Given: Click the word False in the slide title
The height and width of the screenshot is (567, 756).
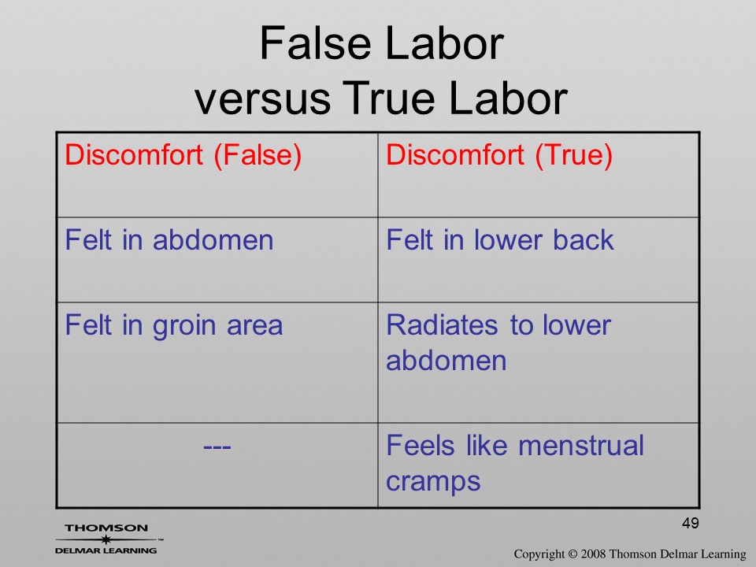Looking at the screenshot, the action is (x=317, y=43).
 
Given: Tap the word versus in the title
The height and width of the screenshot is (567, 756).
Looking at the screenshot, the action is (x=263, y=98).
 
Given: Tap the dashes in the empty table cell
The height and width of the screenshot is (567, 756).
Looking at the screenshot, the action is (x=217, y=447).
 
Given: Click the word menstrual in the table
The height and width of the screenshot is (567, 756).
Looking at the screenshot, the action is (x=581, y=445).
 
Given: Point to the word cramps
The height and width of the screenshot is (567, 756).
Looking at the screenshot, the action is (x=433, y=482).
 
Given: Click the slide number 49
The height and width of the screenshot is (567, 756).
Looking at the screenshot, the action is (x=691, y=523).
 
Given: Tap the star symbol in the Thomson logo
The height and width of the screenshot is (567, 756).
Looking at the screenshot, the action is (x=106, y=539).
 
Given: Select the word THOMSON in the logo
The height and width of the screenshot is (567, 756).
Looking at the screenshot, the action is (x=106, y=528).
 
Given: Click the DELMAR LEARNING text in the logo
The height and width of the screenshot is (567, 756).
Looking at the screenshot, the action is (x=106, y=550).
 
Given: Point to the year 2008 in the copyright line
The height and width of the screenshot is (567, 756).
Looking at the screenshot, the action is (x=592, y=554).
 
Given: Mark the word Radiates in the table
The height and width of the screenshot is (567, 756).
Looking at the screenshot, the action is (x=442, y=325).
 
